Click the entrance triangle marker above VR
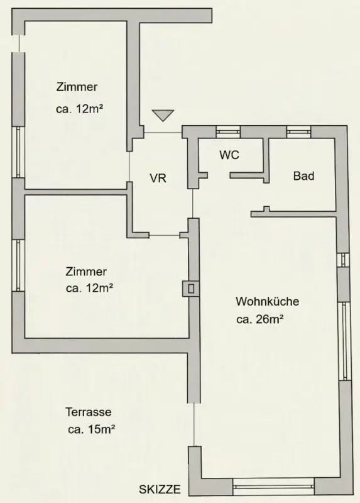pos(163,115)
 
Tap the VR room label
pos(158,178)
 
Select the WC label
pos(229,155)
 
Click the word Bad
pos(303,176)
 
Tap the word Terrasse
pos(89,412)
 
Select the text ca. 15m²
pos(91,430)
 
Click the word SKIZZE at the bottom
pos(160,489)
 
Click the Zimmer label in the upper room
pos(77,87)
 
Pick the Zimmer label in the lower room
pos(86,272)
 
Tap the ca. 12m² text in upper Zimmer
pos(80,108)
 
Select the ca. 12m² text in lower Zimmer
pos(89,289)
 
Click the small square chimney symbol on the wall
pos(189,289)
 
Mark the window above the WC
pos(228,132)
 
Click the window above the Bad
pos(298,132)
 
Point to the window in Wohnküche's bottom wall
pos(273,485)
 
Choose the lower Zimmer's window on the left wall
pos(18,265)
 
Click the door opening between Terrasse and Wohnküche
pos(194,425)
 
